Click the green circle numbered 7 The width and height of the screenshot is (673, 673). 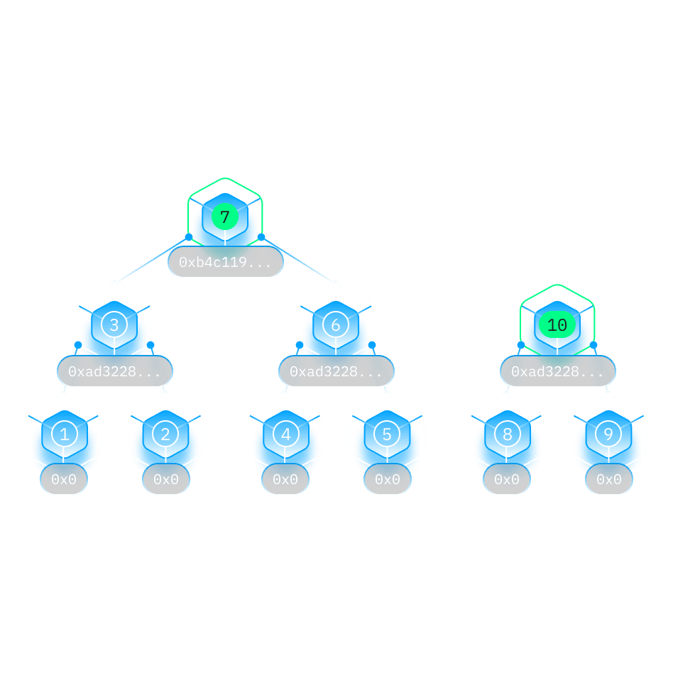[225, 217]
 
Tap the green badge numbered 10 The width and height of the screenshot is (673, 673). [557, 325]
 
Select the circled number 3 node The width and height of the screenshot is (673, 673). [114, 325]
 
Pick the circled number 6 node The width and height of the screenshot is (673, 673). [336, 325]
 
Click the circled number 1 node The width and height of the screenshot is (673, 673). [65, 434]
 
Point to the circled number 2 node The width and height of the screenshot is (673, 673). [165, 434]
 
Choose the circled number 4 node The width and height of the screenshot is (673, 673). [286, 434]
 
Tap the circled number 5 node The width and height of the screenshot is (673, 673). [387, 434]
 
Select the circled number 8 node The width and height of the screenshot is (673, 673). [508, 434]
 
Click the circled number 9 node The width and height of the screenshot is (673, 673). [608, 434]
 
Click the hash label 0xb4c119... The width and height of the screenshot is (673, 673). [225, 262]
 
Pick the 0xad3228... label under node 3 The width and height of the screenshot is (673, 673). [114, 371]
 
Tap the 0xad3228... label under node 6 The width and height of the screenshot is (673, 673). [336, 371]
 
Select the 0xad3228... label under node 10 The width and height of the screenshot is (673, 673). [557, 371]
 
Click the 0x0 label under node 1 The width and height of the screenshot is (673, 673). [64, 479]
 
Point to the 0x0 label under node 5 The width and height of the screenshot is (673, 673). [388, 479]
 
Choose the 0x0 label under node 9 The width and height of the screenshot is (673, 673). [609, 479]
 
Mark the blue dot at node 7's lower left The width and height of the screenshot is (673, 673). [189, 237]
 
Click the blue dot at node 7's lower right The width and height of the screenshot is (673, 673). [261, 237]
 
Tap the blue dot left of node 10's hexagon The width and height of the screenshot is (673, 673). [521, 345]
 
